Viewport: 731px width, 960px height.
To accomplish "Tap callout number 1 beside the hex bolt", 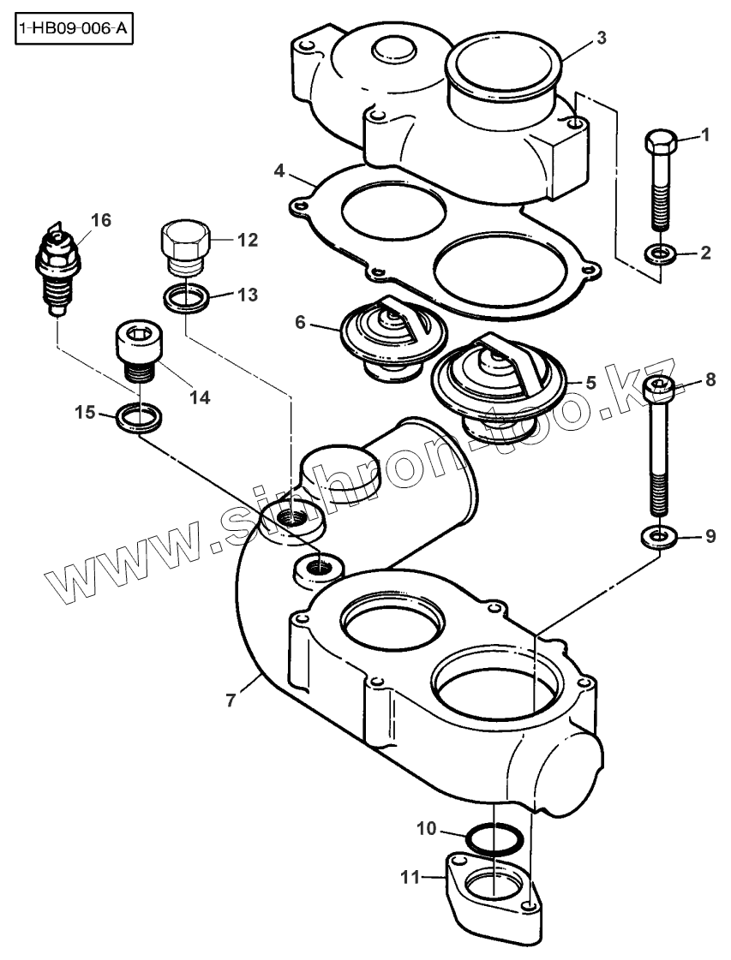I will pyautogui.click(x=705, y=134).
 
